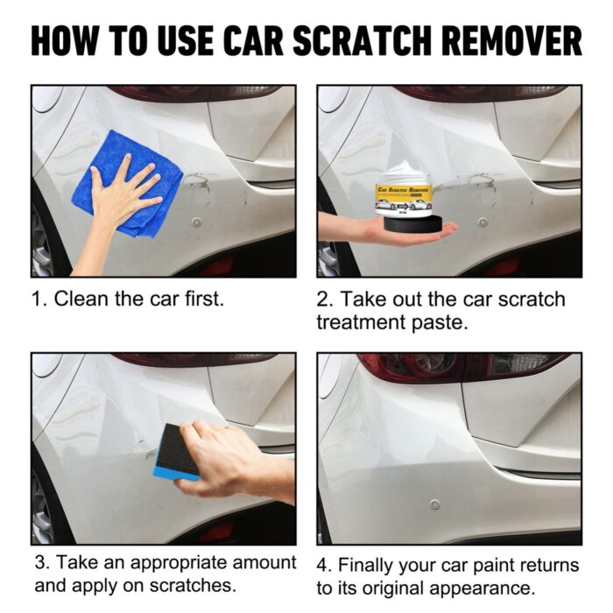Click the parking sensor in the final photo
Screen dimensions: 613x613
tap(434, 504)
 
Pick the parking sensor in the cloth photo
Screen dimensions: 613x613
tap(196, 222)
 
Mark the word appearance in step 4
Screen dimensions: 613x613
tap(469, 589)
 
